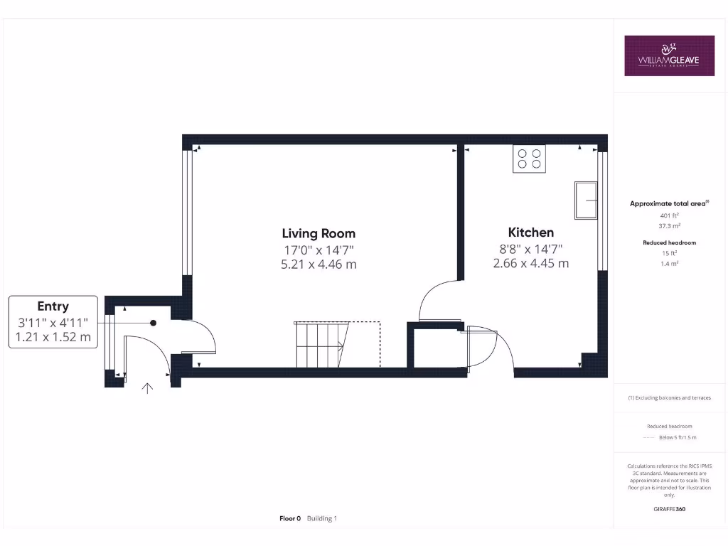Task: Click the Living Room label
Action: click(318, 233)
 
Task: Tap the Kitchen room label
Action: click(530, 232)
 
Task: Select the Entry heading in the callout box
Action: click(53, 306)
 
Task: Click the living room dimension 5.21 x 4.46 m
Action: click(318, 264)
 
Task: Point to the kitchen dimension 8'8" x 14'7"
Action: click(530, 249)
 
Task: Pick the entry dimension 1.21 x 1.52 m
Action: click(53, 338)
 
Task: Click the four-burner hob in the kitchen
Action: click(529, 159)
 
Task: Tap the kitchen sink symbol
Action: click(587, 200)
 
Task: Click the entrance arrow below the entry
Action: click(148, 388)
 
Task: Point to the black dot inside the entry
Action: click(153, 323)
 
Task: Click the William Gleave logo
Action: click(669, 55)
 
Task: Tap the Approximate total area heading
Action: click(668, 204)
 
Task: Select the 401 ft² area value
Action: click(669, 215)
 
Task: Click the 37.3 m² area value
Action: click(669, 225)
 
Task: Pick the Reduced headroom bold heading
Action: click(669, 243)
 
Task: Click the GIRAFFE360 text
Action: click(669, 509)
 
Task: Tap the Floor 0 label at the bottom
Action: click(290, 518)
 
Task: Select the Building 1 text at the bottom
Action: click(322, 518)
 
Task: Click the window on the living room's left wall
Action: click(187, 213)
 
